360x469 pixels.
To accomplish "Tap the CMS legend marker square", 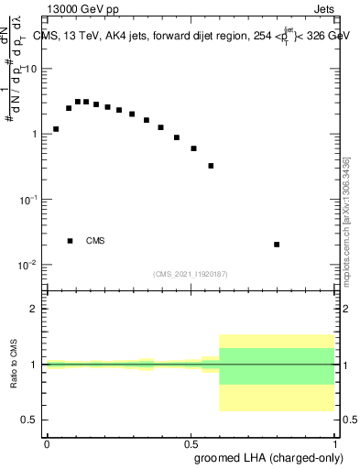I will (70, 241).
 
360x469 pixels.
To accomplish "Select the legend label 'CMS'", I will (95, 241).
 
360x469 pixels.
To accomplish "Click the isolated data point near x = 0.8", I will (277, 245).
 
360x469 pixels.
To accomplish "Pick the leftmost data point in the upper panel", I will (56, 129).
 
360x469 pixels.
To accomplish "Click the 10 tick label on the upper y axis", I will (32, 69).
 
